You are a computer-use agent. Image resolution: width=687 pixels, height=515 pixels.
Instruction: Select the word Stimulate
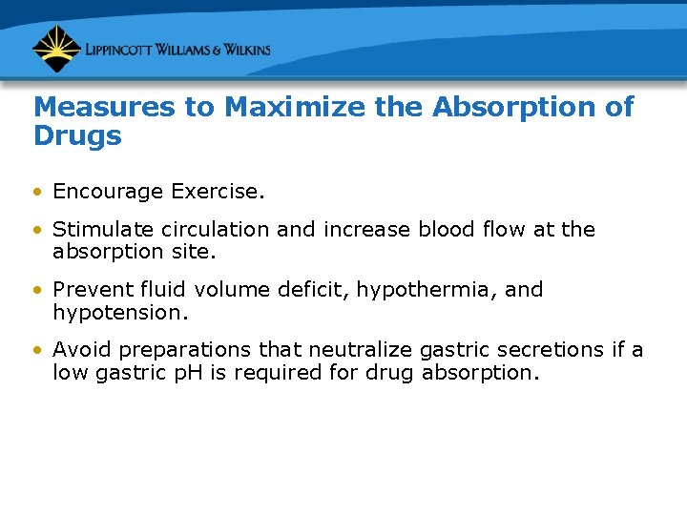[97, 230]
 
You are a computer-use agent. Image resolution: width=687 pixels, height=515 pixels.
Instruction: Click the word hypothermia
[427, 289]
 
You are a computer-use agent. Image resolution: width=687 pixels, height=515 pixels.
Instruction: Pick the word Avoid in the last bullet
[78, 350]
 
